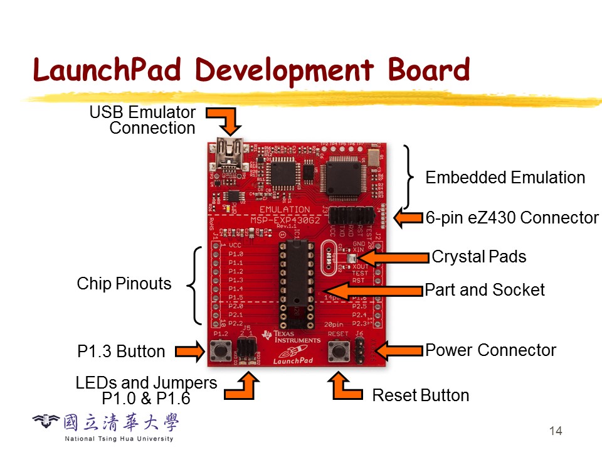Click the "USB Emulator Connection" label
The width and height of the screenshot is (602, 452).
pyautogui.click(x=143, y=121)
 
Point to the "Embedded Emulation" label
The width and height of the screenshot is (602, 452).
pyautogui.click(x=505, y=178)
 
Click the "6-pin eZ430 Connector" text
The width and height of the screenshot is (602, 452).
pyautogui.click(x=512, y=218)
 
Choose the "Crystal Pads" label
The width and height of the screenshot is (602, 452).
pyautogui.click(x=479, y=257)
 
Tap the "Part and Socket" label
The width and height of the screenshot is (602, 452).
pyautogui.click(x=485, y=290)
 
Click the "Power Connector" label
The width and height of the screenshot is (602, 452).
pyautogui.click(x=490, y=350)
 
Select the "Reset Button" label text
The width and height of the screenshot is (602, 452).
pyautogui.click(x=421, y=395)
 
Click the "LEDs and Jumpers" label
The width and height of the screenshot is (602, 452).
pyautogui.click(x=146, y=383)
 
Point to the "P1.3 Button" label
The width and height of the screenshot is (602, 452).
pyautogui.click(x=121, y=352)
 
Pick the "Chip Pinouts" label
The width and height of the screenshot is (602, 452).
pyautogui.click(x=124, y=284)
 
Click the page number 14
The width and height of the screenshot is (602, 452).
pyautogui.click(x=555, y=431)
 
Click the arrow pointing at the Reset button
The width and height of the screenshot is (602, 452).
pyautogui.click(x=346, y=387)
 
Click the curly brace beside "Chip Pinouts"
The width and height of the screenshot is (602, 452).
pyautogui.click(x=196, y=284)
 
